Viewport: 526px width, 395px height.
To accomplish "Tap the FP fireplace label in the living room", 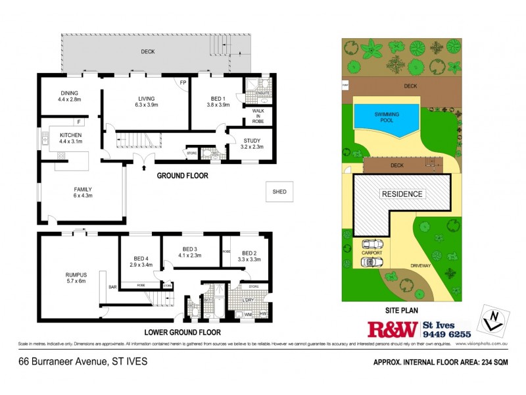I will tap(183, 82).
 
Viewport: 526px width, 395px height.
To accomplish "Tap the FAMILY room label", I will tap(83, 189).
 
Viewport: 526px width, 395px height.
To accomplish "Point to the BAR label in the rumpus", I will tap(112, 287).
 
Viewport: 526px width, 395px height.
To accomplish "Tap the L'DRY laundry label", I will tap(248, 301).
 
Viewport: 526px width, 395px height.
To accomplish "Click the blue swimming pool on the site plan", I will tap(387, 118).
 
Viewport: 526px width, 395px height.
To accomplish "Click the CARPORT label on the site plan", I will tap(371, 251).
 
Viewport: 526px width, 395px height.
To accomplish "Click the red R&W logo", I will tap(393, 330).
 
